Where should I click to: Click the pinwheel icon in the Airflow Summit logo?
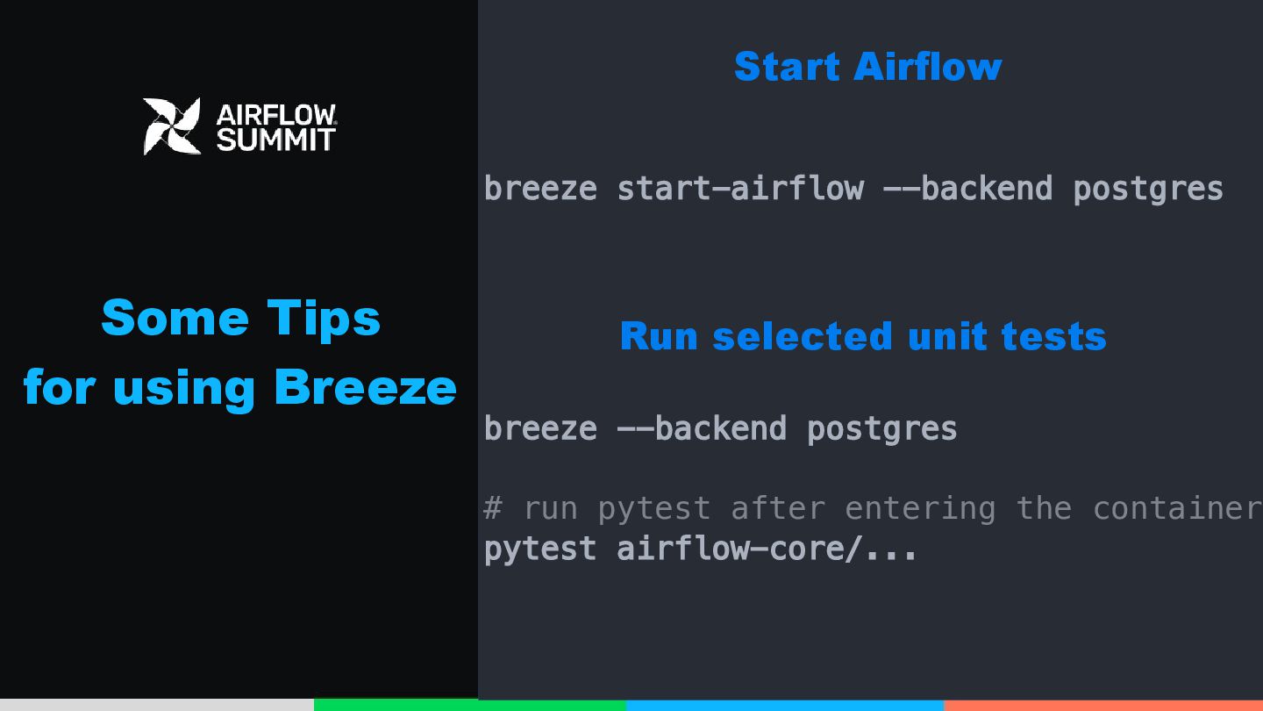click(172, 126)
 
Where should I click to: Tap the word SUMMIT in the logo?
click(276, 140)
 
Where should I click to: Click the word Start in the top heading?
click(788, 67)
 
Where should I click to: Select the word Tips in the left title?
click(324, 319)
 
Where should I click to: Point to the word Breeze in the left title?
click(366, 388)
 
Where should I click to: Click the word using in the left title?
click(184, 391)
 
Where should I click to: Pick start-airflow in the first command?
click(740, 188)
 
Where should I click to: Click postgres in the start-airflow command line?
click(1148, 190)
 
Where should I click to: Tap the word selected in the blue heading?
click(803, 336)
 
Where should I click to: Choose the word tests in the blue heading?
click(1054, 337)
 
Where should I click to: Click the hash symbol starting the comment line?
click(493, 508)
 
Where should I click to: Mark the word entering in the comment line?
click(920, 509)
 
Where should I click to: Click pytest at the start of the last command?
click(540, 549)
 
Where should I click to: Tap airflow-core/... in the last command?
click(767, 549)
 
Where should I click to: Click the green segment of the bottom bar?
click(470, 705)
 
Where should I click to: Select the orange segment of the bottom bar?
click(1103, 706)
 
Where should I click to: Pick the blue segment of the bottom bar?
click(785, 706)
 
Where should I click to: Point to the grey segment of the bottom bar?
click(157, 705)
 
